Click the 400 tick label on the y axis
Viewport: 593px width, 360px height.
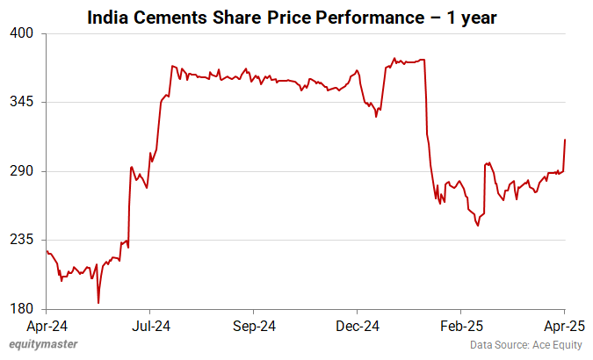tap(22, 33)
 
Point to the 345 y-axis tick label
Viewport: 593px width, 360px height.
tap(22, 102)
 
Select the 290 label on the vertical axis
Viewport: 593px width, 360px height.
tap(22, 171)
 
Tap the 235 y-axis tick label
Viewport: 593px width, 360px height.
tap(22, 240)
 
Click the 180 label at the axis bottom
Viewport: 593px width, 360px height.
tap(22, 309)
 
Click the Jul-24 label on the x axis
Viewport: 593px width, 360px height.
tap(149, 326)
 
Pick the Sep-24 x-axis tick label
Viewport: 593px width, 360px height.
tap(253, 326)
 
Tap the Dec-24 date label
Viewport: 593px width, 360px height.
tap(357, 326)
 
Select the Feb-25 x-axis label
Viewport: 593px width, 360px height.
tap(460, 326)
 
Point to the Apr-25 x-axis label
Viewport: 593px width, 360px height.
tap(563, 326)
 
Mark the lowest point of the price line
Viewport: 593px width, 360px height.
tap(98, 303)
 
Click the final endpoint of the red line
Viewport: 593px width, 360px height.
tap(564, 140)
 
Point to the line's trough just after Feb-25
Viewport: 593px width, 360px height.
tap(478, 226)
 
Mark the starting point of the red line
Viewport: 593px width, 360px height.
tap(46, 251)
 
